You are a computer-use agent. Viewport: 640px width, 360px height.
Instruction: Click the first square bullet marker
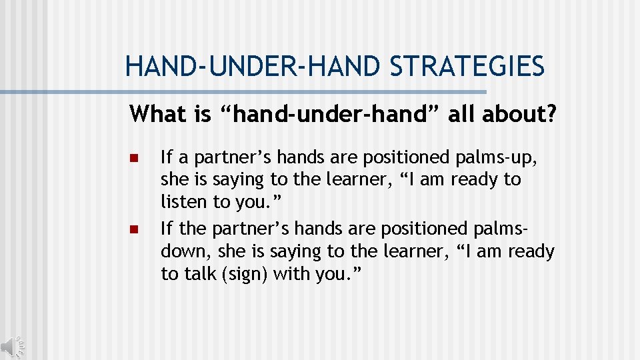(133, 159)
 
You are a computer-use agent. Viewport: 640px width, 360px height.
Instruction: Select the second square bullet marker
(133, 230)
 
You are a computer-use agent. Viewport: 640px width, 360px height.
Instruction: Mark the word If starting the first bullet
(167, 157)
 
